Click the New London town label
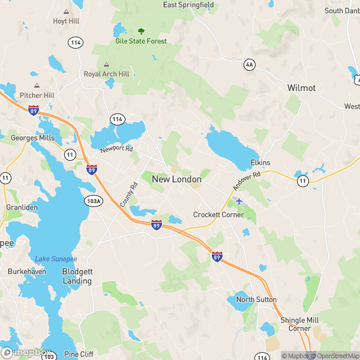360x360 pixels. [176, 179]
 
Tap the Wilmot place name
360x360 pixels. [301, 88]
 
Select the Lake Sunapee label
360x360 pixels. [56, 259]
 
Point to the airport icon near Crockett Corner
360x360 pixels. [239, 200]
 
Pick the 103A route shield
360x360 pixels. [92, 200]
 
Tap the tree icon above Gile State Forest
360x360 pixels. [141, 31]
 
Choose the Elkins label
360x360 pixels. [260, 163]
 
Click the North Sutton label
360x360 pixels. [256, 299]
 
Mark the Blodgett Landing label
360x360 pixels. [77, 276]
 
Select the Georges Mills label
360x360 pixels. [33, 138]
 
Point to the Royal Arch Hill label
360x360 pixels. [106, 74]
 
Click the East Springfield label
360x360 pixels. [188, 5]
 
